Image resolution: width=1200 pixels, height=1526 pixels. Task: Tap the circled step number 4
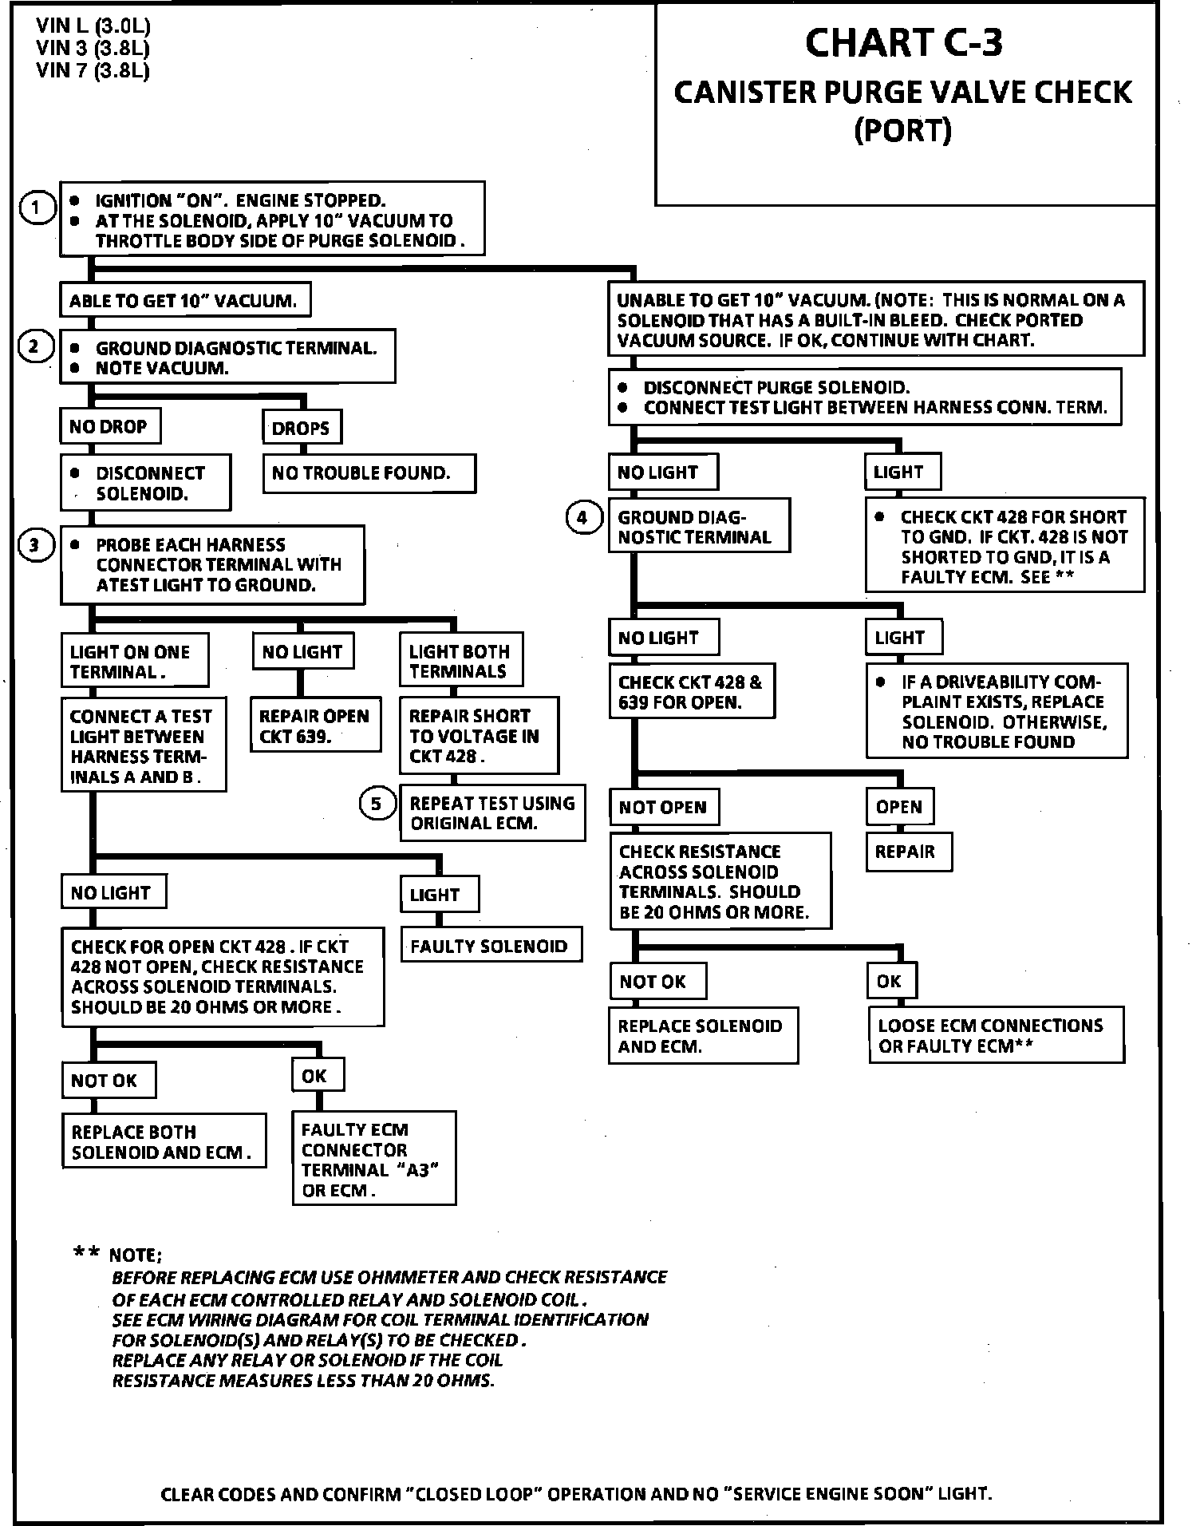click(582, 518)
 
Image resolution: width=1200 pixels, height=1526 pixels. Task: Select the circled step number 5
click(377, 804)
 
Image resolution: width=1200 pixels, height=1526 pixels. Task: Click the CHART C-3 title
click(903, 43)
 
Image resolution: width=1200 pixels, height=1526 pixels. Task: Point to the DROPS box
click(302, 428)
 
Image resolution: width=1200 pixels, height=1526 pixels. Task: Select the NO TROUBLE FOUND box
click(369, 473)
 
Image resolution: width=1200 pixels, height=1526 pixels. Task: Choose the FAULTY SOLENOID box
click(491, 946)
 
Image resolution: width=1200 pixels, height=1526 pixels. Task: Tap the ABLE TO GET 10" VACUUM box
click(184, 301)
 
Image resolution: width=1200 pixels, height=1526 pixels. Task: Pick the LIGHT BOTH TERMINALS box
click(460, 661)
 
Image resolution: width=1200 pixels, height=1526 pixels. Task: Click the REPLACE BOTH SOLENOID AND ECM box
click(164, 1142)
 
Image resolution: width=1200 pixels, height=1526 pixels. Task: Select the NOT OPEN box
click(663, 807)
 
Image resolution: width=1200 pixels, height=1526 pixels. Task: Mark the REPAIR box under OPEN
click(907, 852)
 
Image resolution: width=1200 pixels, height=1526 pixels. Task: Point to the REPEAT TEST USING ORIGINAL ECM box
click(492, 813)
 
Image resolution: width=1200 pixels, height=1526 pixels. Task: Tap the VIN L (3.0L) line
click(93, 26)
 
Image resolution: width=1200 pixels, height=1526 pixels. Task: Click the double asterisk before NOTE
click(86, 1254)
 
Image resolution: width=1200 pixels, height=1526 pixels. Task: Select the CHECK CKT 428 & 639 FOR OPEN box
click(691, 692)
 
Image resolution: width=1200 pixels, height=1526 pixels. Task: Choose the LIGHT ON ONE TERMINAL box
click(133, 662)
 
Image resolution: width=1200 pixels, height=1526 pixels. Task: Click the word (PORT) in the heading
click(903, 130)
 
